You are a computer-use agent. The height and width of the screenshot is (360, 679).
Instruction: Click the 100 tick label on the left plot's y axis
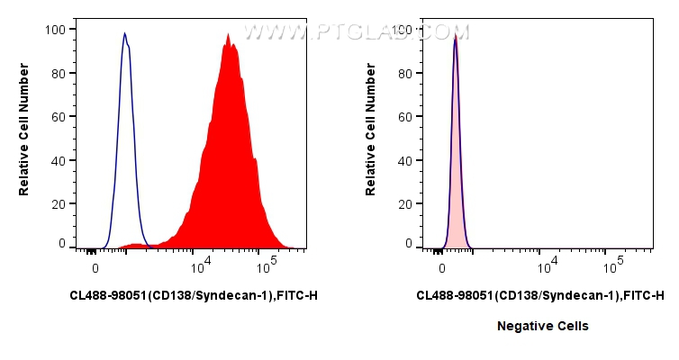click(x=55, y=29)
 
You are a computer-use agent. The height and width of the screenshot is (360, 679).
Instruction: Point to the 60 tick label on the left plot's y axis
click(x=59, y=117)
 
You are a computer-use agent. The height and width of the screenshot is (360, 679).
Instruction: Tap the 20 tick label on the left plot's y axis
click(x=59, y=204)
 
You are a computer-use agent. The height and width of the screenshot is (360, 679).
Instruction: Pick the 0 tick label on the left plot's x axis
click(x=95, y=267)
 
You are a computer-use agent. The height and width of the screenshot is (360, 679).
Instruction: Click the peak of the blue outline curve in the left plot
click(x=125, y=34)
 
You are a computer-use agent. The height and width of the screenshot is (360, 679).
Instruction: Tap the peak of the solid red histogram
click(x=229, y=36)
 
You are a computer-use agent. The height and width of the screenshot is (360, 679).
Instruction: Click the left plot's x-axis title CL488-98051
click(x=193, y=295)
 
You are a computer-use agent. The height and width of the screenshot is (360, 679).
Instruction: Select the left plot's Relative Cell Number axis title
click(x=24, y=135)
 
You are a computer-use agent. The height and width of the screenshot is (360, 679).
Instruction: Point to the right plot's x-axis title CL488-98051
click(x=540, y=295)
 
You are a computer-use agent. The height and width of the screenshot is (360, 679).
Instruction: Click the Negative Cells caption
click(x=543, y=326)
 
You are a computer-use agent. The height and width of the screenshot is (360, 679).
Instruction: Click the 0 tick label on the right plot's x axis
click(x=441, y=267)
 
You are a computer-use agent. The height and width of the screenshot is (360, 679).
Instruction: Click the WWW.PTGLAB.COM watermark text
click(x=357, y=31)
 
